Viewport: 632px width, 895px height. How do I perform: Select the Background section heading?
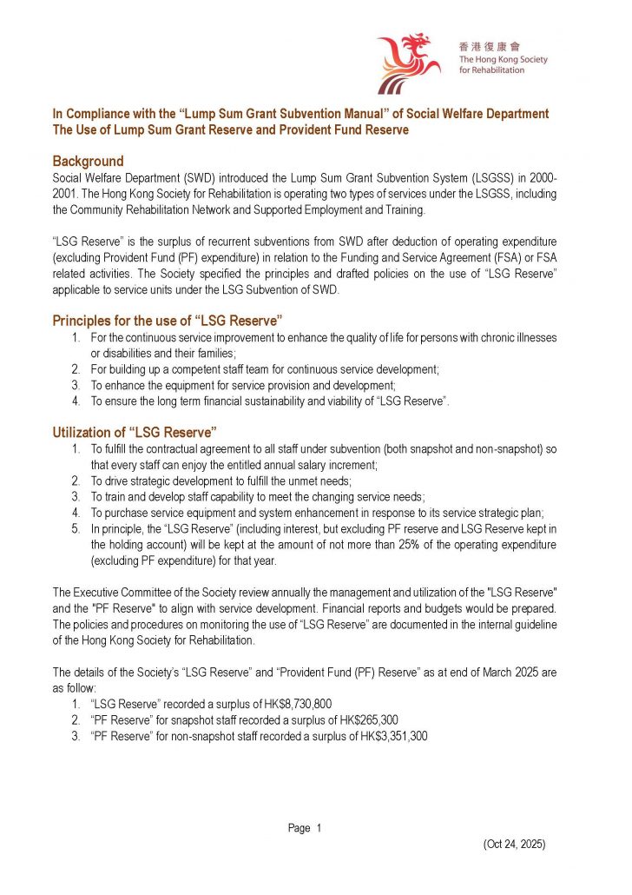coord(88,162)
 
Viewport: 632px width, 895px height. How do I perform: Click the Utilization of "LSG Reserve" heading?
coord(135,432)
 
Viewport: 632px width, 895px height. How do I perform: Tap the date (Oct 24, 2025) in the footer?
coord(514,844)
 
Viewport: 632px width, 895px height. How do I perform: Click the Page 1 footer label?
coord(304,828)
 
